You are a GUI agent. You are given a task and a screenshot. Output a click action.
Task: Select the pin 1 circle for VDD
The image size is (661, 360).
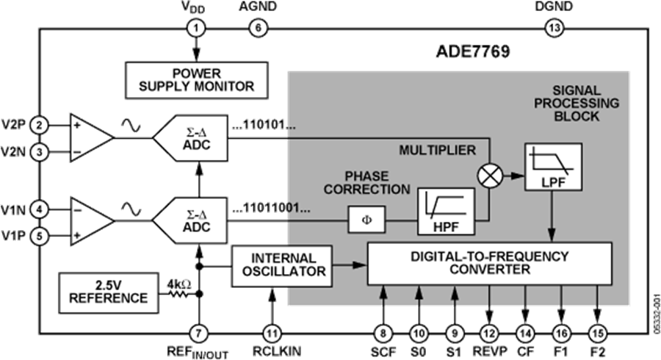[196, 29]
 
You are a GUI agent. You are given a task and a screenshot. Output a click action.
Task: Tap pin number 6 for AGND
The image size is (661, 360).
[257, 29]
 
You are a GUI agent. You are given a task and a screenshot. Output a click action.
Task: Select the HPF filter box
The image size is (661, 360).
[446, 211]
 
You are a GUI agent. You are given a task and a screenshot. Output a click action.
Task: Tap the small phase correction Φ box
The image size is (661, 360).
[365, 220]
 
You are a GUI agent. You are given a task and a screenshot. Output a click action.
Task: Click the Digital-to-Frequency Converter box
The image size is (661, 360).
[489, 263]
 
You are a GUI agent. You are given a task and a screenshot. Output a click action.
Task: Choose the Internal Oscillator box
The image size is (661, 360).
[282, 264]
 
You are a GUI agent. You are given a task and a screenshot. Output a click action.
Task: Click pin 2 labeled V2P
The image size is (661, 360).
[40, 124]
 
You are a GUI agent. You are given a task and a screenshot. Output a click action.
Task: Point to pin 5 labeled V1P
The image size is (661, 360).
[40, 237]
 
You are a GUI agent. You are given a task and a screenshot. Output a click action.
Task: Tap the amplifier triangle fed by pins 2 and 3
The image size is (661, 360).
[90, 137]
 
